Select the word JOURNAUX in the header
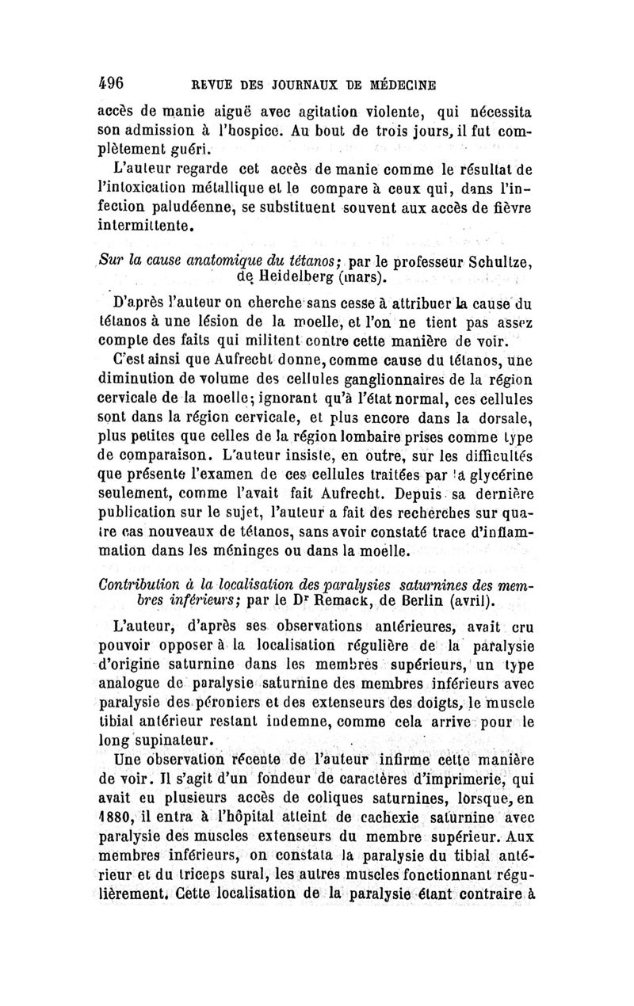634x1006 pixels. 295,84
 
